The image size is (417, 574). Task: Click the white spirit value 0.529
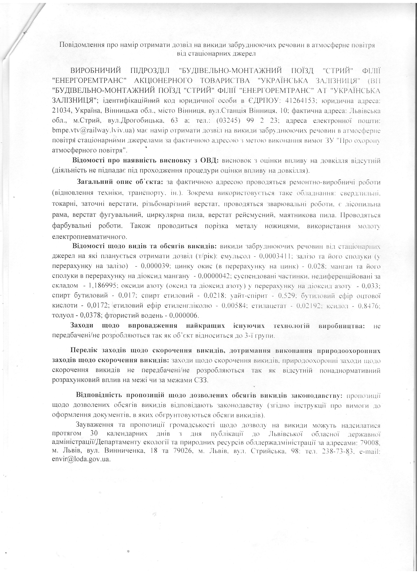(x=285, y=295)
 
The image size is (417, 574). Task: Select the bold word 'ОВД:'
(x=210, y=161)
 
